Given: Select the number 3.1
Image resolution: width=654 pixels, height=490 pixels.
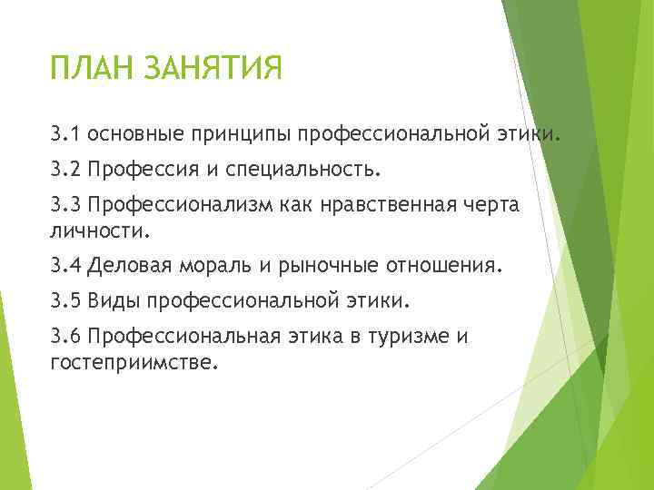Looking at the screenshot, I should [66, 135].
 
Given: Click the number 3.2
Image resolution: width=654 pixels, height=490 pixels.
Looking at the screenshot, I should [66, 170].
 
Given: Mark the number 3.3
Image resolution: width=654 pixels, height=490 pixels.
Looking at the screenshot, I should [66, 205].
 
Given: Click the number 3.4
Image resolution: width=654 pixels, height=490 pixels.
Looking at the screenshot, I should [66, 267].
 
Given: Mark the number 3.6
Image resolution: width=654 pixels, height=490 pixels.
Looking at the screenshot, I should [66, 338].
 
